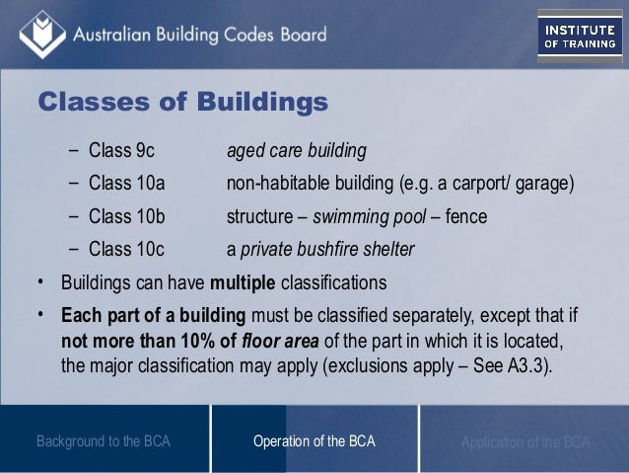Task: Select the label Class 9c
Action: click(121, 152)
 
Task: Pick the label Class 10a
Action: click(125, 185)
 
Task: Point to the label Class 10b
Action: click(125, 216)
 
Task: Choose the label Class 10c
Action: click(125, 249)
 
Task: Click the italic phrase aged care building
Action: click(297, 152)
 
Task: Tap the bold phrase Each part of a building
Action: click(155, 316)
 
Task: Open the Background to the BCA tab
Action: click(103, 441)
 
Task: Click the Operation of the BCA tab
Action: click(314, 441)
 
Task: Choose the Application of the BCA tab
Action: click(524, 441)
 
